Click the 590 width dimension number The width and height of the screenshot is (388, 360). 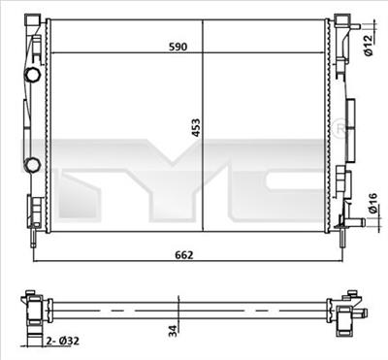(178, 46)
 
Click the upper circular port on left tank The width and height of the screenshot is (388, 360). (34, 74)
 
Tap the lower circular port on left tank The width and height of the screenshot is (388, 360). (34, 164)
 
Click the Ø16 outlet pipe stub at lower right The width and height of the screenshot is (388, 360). (357, 224)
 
